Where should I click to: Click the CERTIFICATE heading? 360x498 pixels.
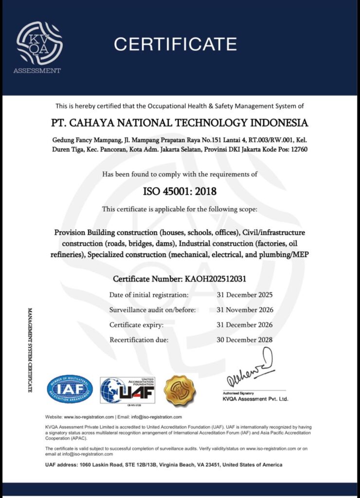click(x=175, y=44)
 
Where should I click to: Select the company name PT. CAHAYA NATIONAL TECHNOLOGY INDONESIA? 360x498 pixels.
click(x=180, y=122)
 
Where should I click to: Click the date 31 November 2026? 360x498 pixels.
click(x=245, y=310)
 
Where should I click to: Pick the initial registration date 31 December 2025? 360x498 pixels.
click(x=245, y=295)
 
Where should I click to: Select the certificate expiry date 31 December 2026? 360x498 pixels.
click(x=245, y=325)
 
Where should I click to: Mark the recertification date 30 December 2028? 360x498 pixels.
click(x=245, y=340)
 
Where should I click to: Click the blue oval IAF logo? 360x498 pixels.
click(x=70, y=389)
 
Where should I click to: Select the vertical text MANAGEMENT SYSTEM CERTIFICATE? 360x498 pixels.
click(x=30, y=350)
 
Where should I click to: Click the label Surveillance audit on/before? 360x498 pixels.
click(x=152, y=310)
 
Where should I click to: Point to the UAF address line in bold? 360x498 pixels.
click(x=163, y=465)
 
